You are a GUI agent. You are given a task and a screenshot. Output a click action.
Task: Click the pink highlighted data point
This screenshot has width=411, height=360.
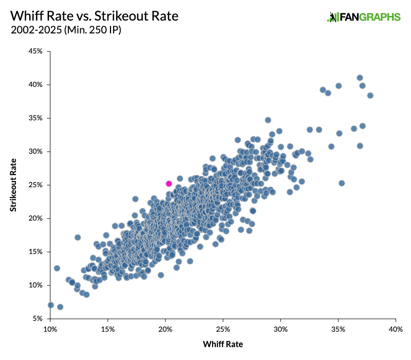click(x=169, y=184)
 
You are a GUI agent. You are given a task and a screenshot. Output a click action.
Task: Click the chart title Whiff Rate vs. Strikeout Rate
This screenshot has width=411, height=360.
click(x=94, y=16)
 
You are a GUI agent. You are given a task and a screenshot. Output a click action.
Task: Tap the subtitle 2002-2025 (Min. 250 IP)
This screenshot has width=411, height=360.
click(x=65, y=30)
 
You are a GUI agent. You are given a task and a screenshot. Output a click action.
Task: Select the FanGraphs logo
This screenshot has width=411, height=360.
click(x=364, y=17)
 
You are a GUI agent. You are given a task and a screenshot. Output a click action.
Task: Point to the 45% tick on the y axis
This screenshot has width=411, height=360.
click(x=36, y=51)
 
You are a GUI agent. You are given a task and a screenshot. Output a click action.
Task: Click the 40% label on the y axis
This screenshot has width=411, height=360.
click(x=36, y=85)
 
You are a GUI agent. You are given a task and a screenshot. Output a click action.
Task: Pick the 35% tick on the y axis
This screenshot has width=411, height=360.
click(x=36, y=118)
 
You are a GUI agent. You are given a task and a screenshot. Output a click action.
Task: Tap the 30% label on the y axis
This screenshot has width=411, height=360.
click(x=36, y=152)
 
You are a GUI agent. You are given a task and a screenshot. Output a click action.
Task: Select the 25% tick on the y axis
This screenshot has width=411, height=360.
click(x=36, y=185)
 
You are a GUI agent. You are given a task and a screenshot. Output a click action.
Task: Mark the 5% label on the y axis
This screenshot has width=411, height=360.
click(x=38, y=319)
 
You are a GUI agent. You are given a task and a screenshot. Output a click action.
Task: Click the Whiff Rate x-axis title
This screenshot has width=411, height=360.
click(x=223, y=344)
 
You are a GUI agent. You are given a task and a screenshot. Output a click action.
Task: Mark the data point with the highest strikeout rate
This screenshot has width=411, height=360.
click(x=360, y=78)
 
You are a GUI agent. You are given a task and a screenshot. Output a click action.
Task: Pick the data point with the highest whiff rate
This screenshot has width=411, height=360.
click(x=370, y=95)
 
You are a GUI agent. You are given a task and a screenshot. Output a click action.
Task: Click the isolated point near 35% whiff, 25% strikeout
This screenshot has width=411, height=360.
click(x=342, y=183)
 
